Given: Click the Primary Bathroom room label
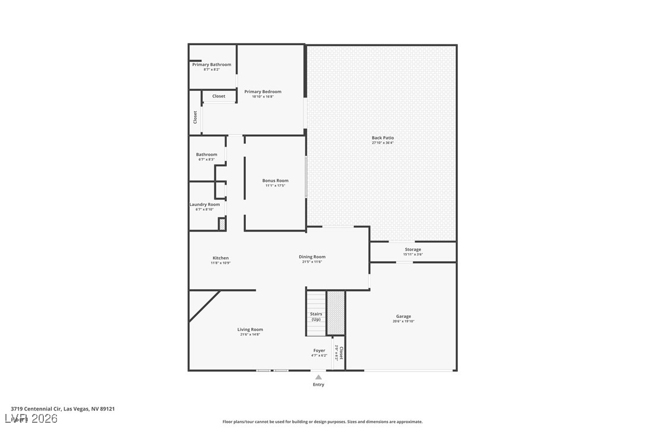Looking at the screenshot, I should (211, 65).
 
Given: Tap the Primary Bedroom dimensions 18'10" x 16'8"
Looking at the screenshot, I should (263, 97).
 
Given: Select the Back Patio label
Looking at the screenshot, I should (382, 138).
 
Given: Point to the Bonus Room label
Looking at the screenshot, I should (275, 181).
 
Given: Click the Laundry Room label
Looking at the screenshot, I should (204, 204).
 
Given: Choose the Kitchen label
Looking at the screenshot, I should (220, 258).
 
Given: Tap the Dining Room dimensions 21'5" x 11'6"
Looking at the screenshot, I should (312, 262).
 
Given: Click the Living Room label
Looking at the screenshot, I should (250, 330).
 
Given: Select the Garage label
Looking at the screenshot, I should (403, 317).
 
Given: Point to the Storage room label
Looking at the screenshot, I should (413, 249).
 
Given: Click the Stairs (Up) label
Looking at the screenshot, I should (316, 317).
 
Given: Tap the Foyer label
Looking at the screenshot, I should (319, 350).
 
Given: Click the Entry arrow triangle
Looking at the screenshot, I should (318, 377).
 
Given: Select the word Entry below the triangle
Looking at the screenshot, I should (318, 385).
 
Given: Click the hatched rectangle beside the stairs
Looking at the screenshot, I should (336, 312).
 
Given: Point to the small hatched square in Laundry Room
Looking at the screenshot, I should (222, 225).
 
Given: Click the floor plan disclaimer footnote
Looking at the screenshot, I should (322, 422).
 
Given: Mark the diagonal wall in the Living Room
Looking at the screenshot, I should (204, 306).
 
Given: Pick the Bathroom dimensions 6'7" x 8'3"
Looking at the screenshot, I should (207, 159).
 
